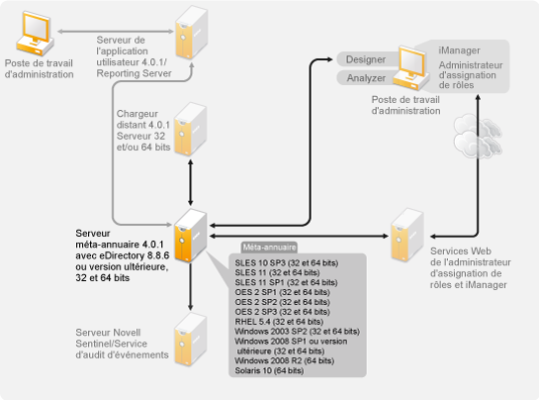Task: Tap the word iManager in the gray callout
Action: pyautogui.click(x=459, y=50)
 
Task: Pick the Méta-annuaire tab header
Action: pyautogui.click(x=269, y=248)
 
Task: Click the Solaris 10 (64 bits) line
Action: pyautogui.click(x=269, y=370)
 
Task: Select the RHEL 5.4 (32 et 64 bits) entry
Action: pyautogui.click(x=279, y=322)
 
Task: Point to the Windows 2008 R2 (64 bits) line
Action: pyautogui.click(x=284, y=360)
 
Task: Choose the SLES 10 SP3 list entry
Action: pyautogui.click(x=287, y=263)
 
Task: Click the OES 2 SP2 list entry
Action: pyautogui.click(x=282, y=302)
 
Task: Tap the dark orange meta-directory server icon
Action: pyautogui.click(x=190, y=235)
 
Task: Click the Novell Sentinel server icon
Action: pyautogui.click(x=190, y=340)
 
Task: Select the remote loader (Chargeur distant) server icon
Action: pyautogui.click(x=190, y=129)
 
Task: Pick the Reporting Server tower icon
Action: pyautogui.click(x=192, y=32)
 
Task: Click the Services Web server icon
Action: pyautogui.click(x=407, y=235)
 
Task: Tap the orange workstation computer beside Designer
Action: pyautogui.click(x=411, y=67)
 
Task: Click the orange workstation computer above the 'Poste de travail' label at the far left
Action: pyautogui.click(x=35, y=33)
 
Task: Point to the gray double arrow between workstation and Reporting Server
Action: pyautogui.click(x=116, y=32)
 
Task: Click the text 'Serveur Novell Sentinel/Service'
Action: pyautogui.click(x=112, y=338)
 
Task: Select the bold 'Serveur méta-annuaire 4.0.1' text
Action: pyautogui.click(x=120, y=239)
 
